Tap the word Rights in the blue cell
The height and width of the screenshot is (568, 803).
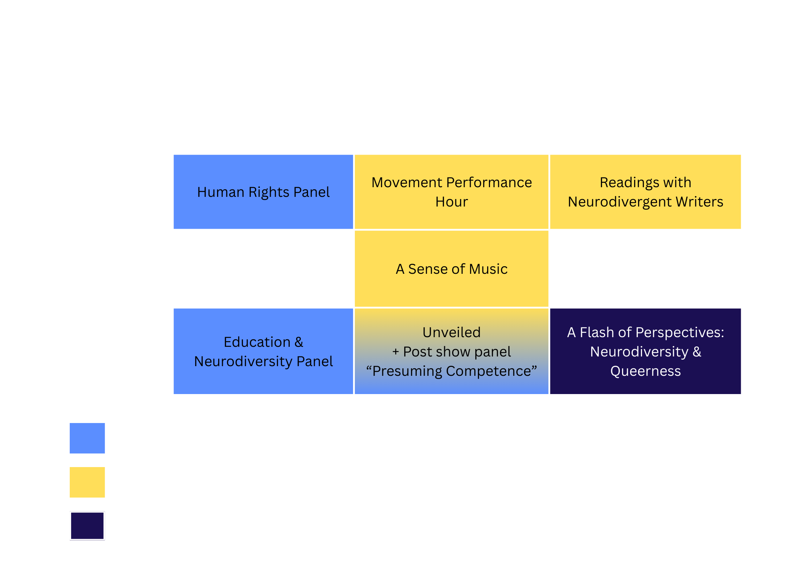[269, 192]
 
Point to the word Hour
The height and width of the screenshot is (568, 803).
[451, 202]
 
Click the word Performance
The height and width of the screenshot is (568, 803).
[489, 183]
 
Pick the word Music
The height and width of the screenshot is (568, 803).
[488, 269]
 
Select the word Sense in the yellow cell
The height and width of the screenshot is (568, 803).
[427, 269]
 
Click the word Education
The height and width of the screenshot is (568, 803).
[257, 342]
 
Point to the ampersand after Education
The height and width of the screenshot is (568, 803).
[299, 342]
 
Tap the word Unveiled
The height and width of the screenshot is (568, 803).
[451, 332]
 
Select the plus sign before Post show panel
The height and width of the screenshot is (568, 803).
[396, 352]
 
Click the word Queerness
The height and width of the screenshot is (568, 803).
[645, 371]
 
